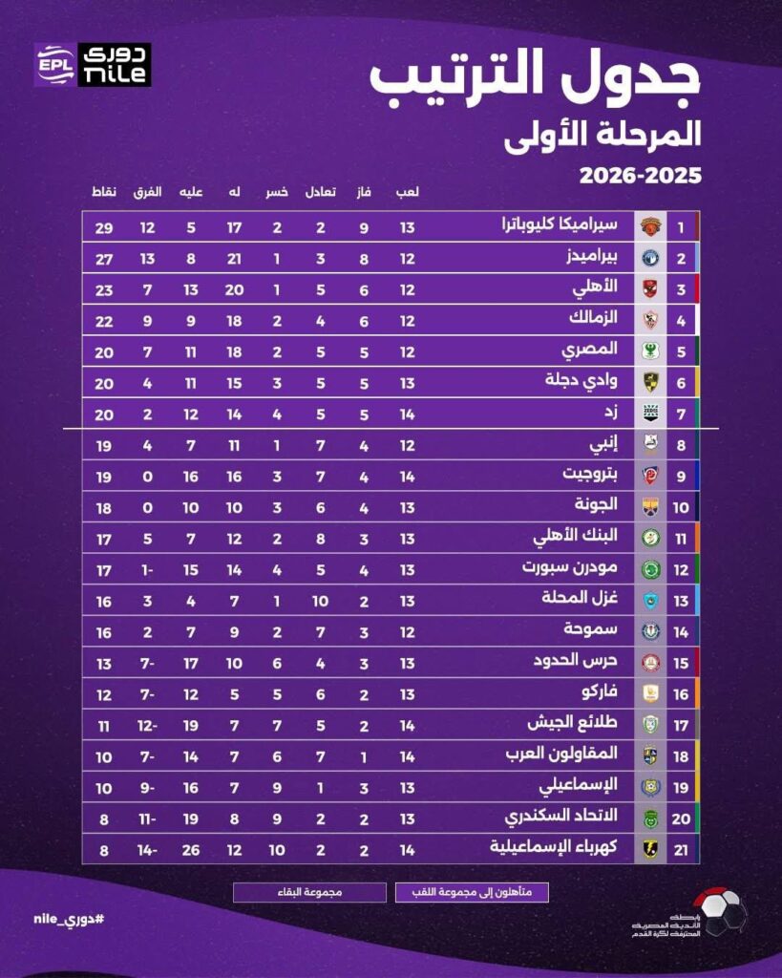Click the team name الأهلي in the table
pos(597,288)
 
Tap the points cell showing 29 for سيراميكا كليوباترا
pos(104,227)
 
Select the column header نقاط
pos(104,192)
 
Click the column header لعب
pos(408,192)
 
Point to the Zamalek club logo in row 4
pos(650,320)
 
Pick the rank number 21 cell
pos(681,848)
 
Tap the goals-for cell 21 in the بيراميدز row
pos(233,258)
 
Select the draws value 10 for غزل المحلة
pos(320,599)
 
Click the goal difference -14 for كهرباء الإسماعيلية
pos(148,848)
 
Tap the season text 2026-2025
pos(640,176)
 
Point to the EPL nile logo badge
pos(93,65)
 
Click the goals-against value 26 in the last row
pos(191,848)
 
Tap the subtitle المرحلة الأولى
pos(602,133)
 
